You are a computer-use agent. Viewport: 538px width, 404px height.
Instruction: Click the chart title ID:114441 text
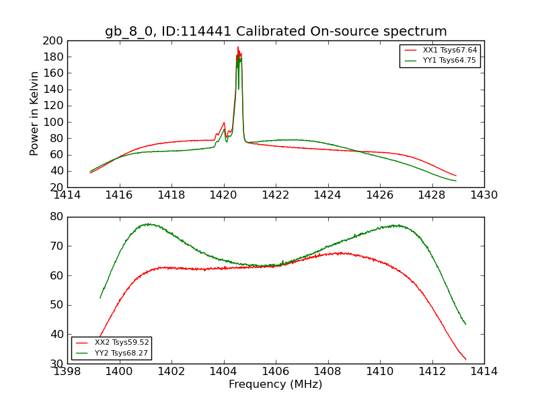276,32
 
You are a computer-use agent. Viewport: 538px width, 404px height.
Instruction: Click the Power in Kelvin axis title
34,113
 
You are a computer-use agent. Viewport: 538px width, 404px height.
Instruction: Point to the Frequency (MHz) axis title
276,384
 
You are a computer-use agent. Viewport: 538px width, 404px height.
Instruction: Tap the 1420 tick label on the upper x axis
224,195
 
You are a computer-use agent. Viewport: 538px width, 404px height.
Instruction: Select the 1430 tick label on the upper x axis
484,195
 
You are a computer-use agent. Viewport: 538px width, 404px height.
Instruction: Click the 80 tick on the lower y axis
56,217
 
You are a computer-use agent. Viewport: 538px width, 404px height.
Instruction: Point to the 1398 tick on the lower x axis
67,372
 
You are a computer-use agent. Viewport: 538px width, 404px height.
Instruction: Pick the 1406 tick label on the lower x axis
276,372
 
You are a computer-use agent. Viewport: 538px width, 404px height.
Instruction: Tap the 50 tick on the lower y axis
56,305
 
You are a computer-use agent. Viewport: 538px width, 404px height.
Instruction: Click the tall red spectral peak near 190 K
238,48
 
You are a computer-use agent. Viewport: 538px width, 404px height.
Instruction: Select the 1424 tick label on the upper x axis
328,195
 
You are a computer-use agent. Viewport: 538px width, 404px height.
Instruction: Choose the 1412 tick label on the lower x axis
432,372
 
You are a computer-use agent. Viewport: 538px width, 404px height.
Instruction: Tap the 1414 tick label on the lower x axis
484,372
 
